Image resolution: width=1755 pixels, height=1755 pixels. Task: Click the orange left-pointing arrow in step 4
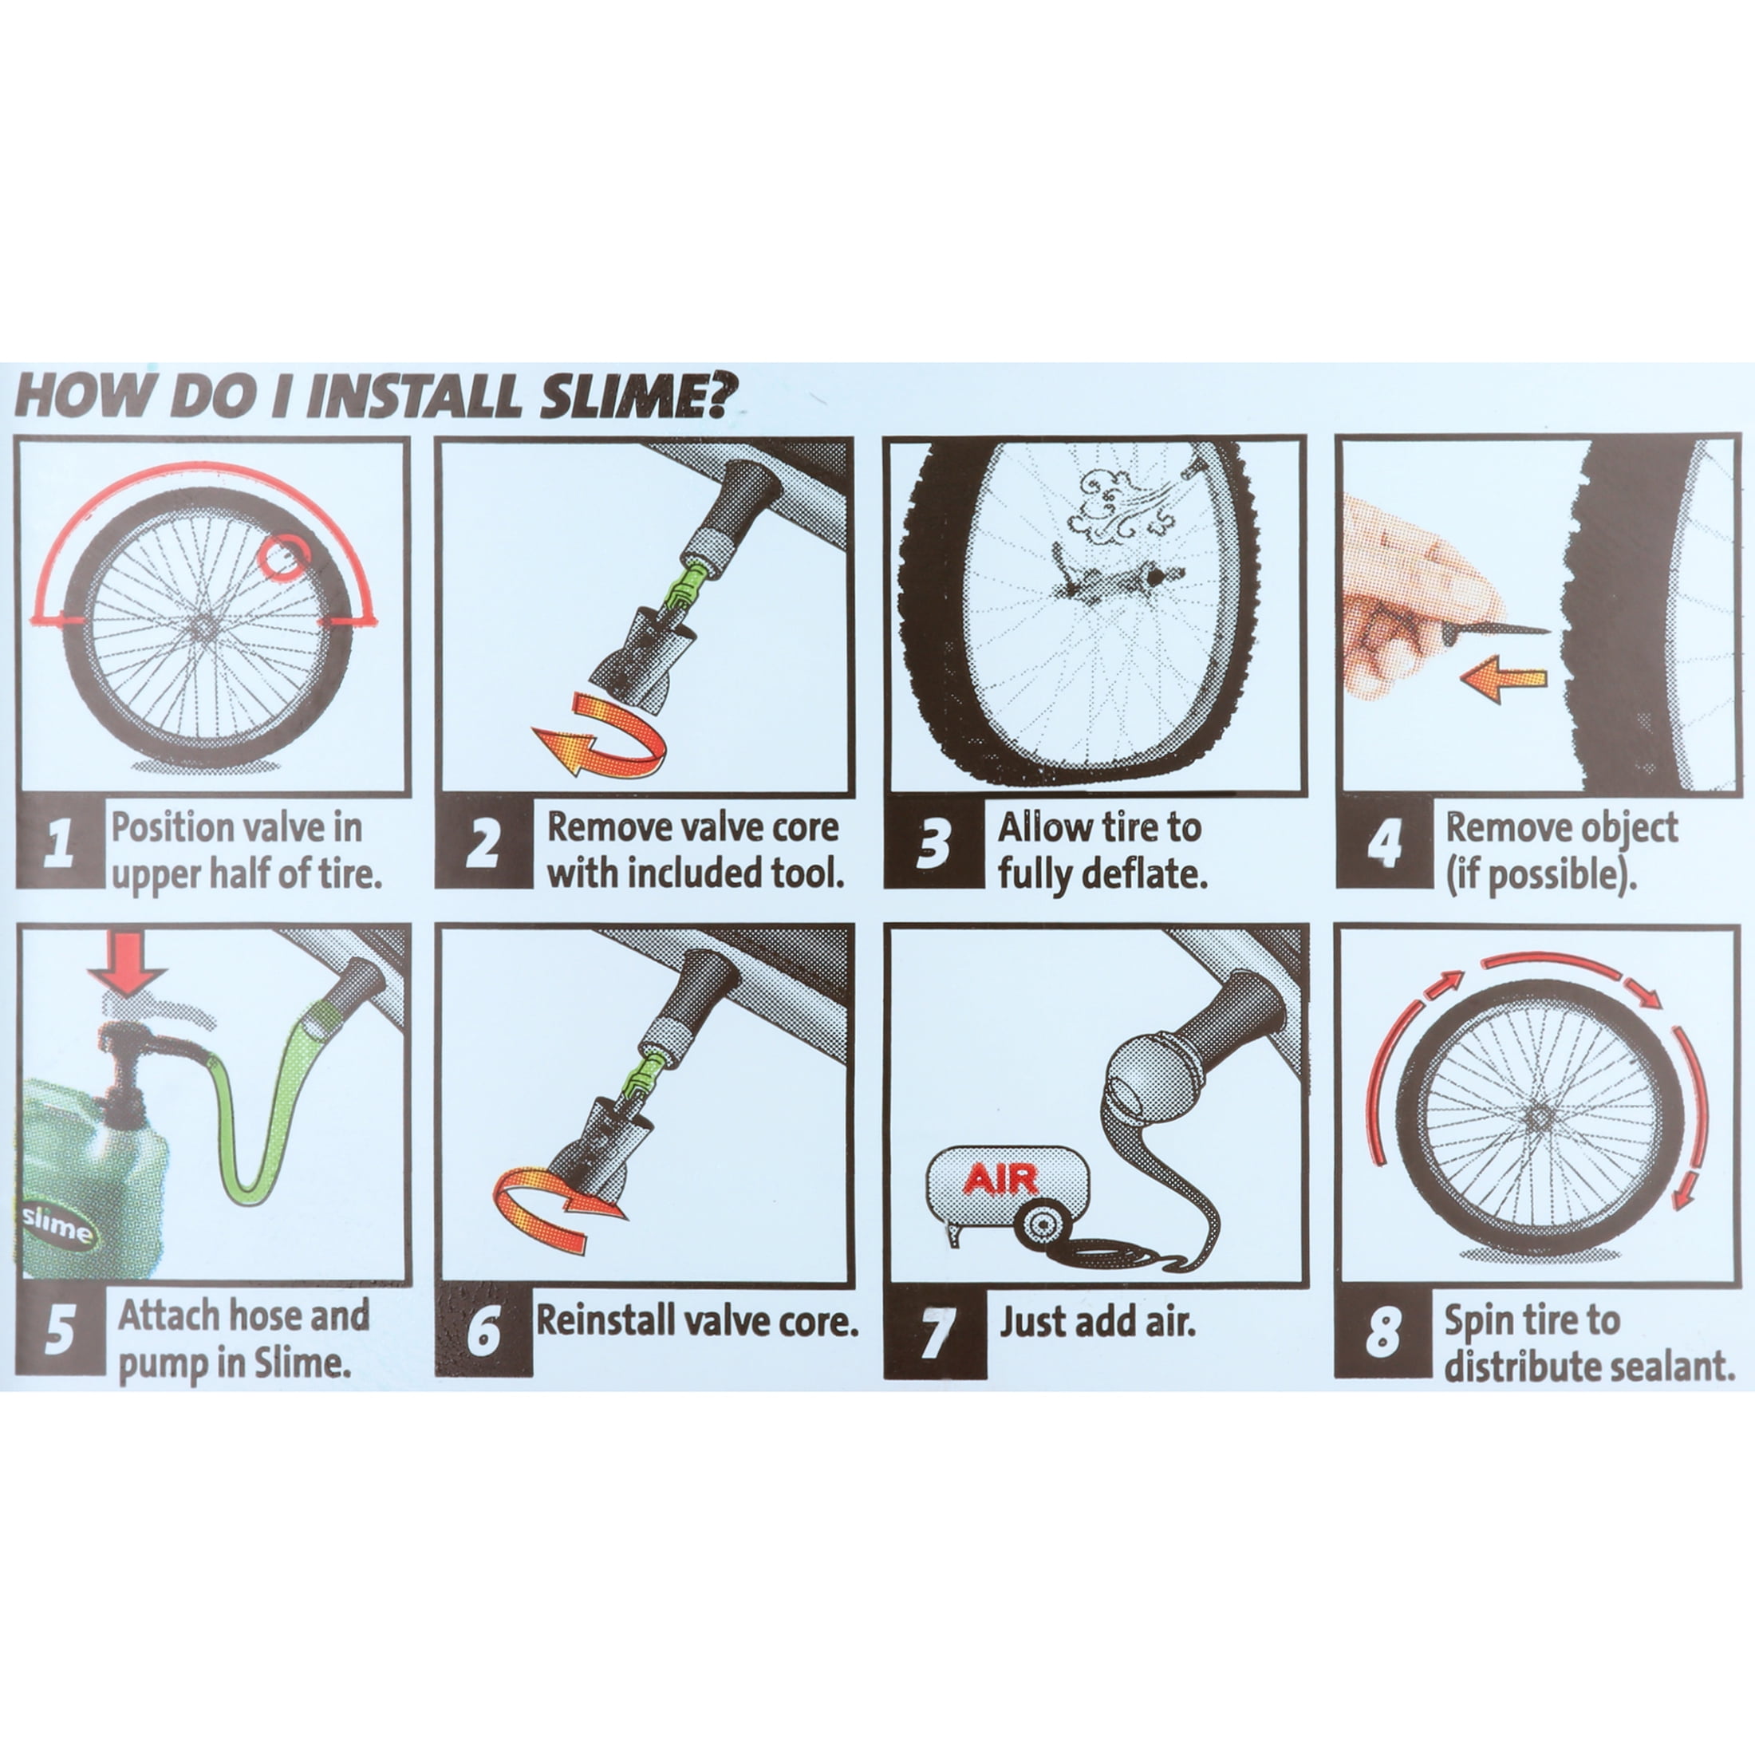[x=1504, y=682]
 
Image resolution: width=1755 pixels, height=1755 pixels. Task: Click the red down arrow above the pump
[x=126, y=964]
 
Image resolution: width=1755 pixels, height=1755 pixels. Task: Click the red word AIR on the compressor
[x=1000, y=1180]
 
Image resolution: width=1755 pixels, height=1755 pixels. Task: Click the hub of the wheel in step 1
[x=207, y=625]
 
